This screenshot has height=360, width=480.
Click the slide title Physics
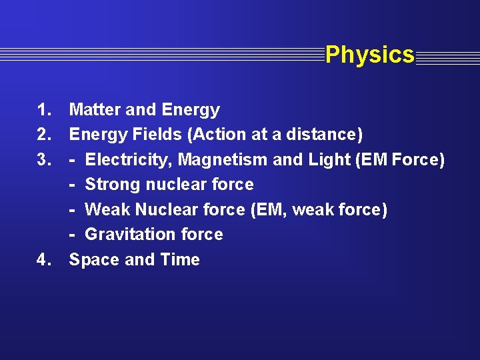point(370,55)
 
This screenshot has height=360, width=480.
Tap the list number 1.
point(45,109)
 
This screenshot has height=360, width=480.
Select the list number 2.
point(45,135)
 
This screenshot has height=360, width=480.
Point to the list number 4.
point(45,259)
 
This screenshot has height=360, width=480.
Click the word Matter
point(94,109)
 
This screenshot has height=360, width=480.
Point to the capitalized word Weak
point(107,210)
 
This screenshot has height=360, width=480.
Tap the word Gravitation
point(126,235)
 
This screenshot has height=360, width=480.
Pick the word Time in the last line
point(181,259)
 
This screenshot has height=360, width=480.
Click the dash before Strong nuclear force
point(72,185)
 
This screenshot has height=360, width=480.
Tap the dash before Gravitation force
point(72,235)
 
